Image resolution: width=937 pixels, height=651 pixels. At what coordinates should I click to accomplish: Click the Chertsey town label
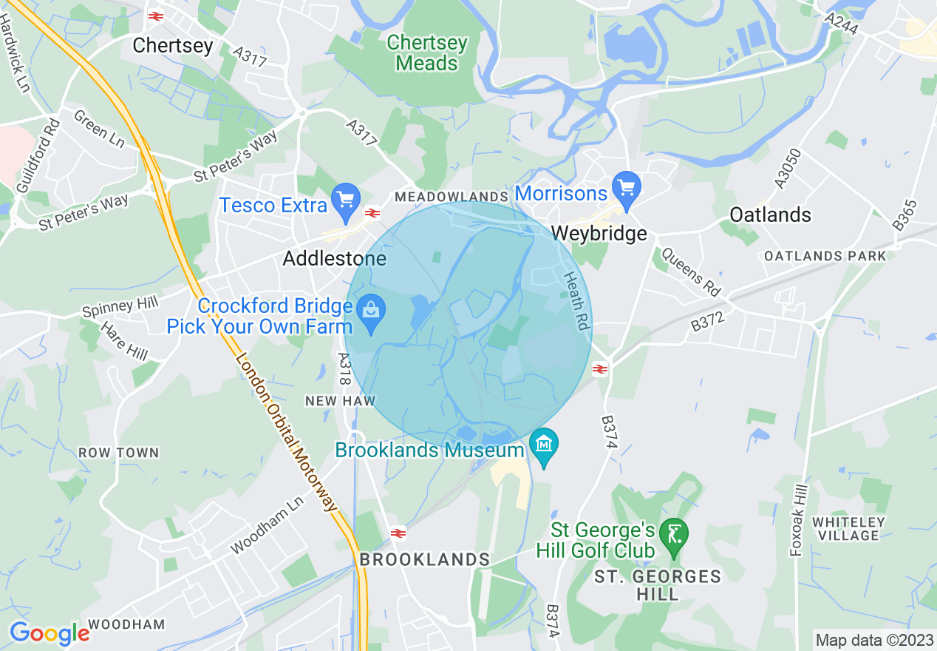[x=173, y=46]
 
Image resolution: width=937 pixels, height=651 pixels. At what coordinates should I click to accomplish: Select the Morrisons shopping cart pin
[x=627, y=186]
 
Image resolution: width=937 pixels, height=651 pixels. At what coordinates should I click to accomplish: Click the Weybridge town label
[x=599, y=234]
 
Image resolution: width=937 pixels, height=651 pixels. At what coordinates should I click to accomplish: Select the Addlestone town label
[x=335, y=259]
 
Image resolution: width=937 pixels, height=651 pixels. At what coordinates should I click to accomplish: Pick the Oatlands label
[x=770, y=215]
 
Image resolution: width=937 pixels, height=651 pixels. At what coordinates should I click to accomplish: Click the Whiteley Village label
[x=847, y=529]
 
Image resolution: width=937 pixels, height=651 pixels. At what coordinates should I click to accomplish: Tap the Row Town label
[x=118, y=453]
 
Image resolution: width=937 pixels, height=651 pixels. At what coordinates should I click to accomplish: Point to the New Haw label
[x=341, y=401]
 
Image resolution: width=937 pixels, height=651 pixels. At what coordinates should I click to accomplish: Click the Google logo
[x=49, y=634]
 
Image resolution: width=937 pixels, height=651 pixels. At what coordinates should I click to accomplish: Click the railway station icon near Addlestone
[x=372, y=213]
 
